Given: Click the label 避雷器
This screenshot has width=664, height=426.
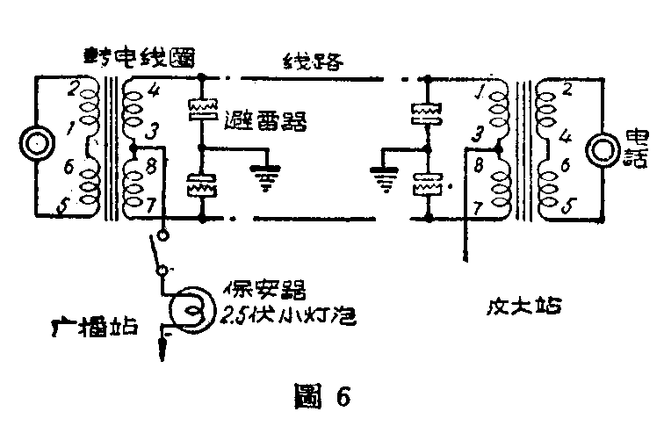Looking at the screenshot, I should [265, 121].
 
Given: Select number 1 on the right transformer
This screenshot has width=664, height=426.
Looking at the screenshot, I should [478, 91].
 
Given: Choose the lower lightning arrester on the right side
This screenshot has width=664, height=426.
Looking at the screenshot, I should [427, 184].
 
